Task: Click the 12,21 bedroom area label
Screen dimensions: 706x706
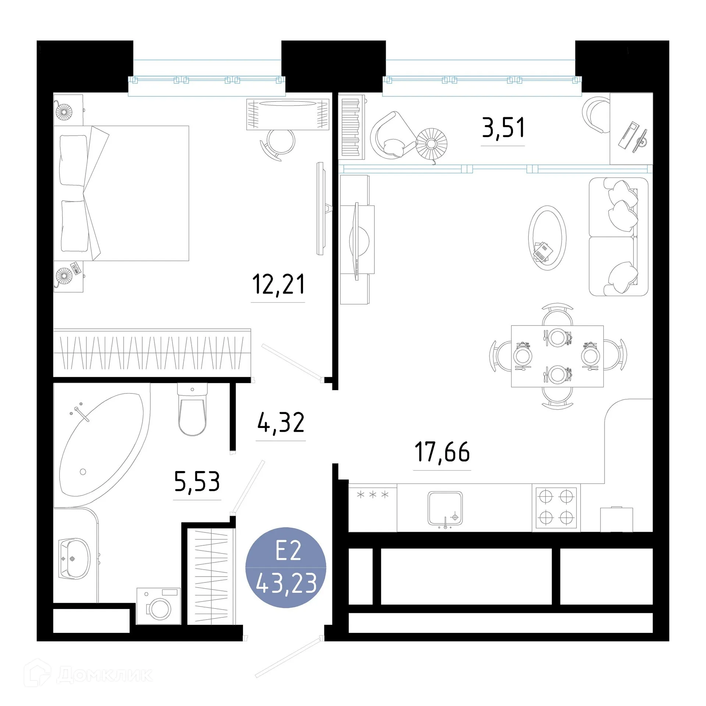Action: [278, 285]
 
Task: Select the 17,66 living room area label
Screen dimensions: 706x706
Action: [442, 452]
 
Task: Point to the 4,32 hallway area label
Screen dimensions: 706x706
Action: [281, 423]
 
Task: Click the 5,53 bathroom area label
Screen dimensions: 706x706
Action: [197, 482]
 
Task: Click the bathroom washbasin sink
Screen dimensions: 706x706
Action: [75, 559]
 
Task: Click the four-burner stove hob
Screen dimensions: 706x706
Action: [556, 507]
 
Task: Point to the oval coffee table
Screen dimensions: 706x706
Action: [547, 238]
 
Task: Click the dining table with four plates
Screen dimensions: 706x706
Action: [557, 356]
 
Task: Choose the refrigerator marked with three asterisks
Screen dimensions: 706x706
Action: [372, 507]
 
